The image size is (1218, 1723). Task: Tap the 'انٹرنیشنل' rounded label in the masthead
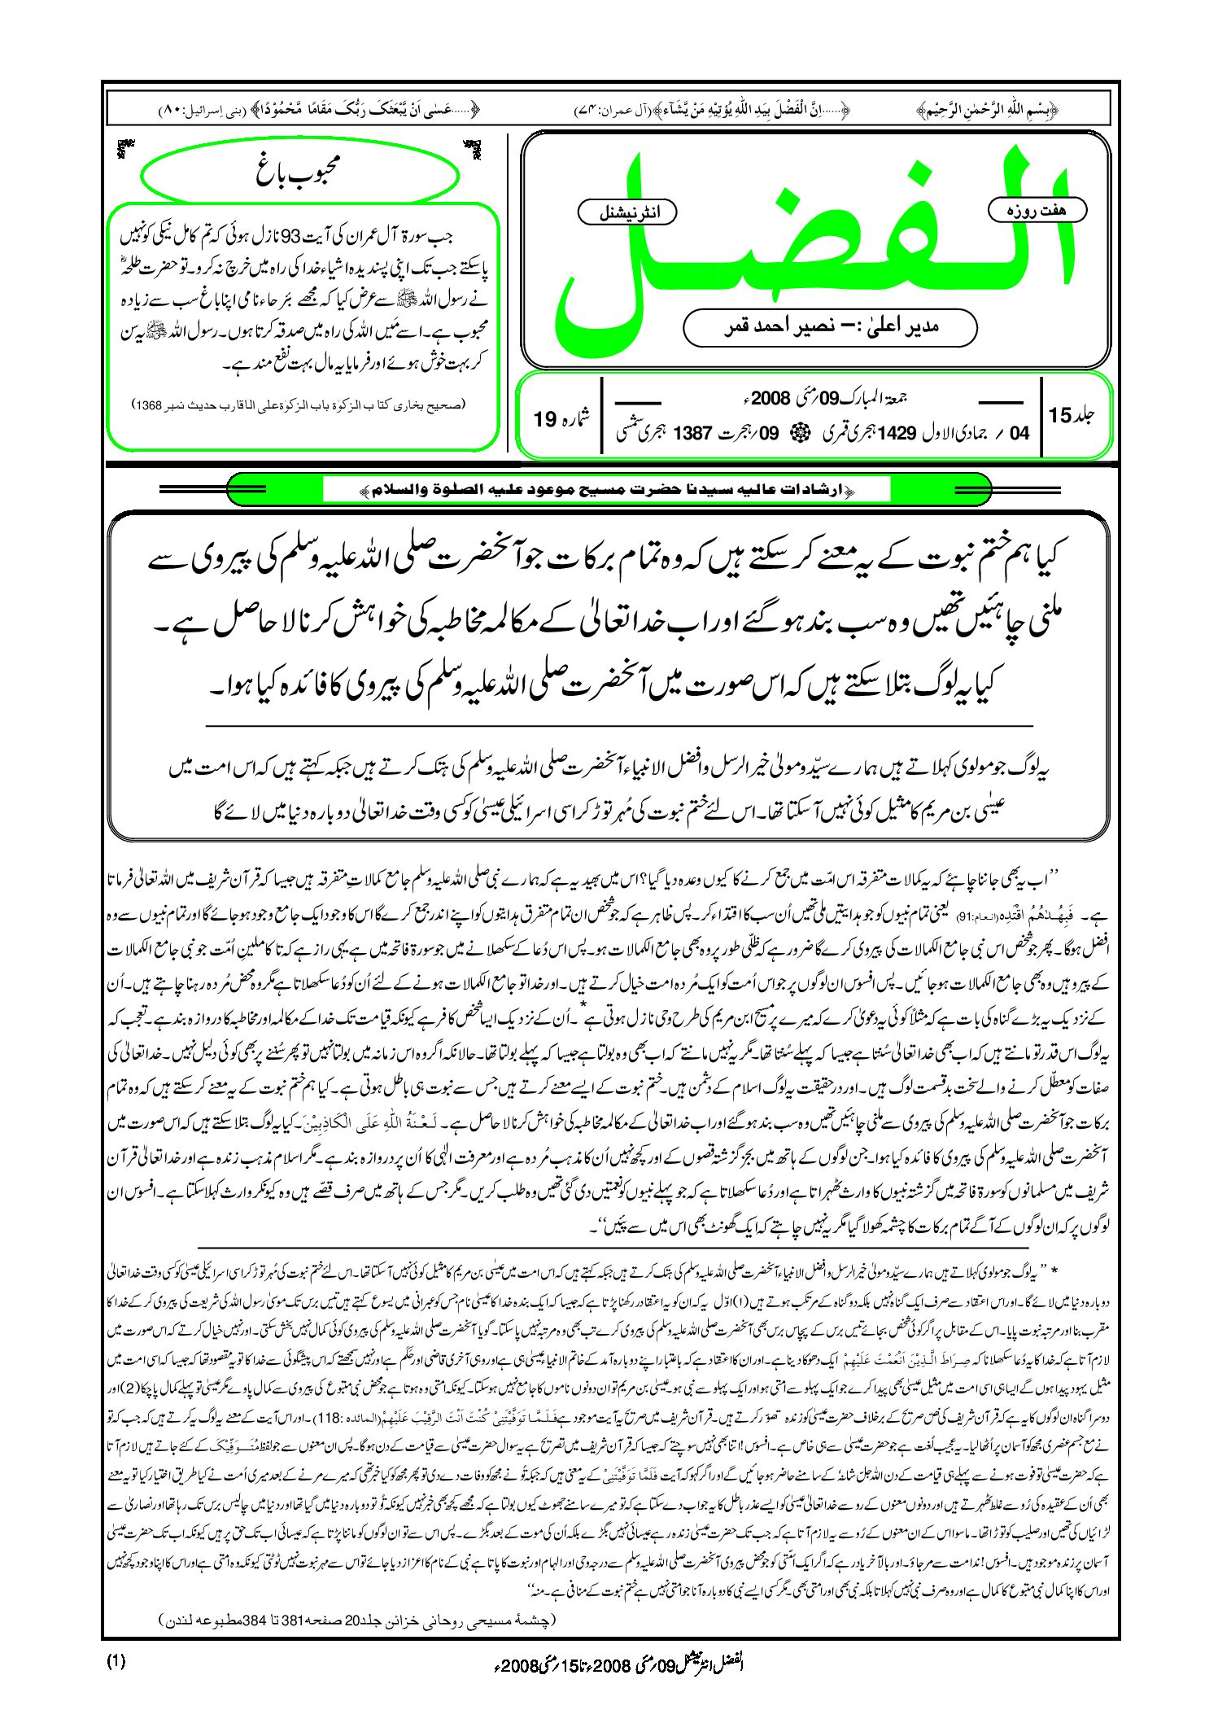click(x=626, y=212)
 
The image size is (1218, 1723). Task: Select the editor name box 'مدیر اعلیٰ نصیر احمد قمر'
click(x=830, y=327)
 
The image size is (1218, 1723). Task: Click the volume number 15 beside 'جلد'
click(x=1060, y=415)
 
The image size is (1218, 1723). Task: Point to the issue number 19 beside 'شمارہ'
click(x=544, y=419)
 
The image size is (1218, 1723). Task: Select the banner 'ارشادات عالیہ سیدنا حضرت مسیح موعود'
click(x=606, y=490)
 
